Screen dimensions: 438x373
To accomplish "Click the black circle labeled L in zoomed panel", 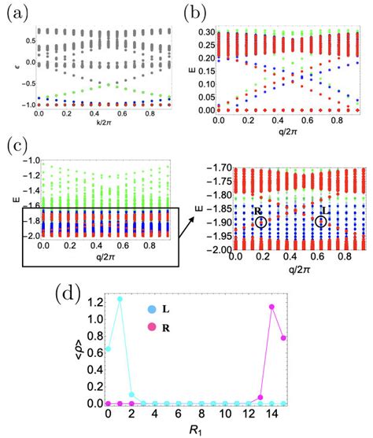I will (x=320, y=222).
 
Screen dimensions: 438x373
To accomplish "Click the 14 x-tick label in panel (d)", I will (x=271, y=416).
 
